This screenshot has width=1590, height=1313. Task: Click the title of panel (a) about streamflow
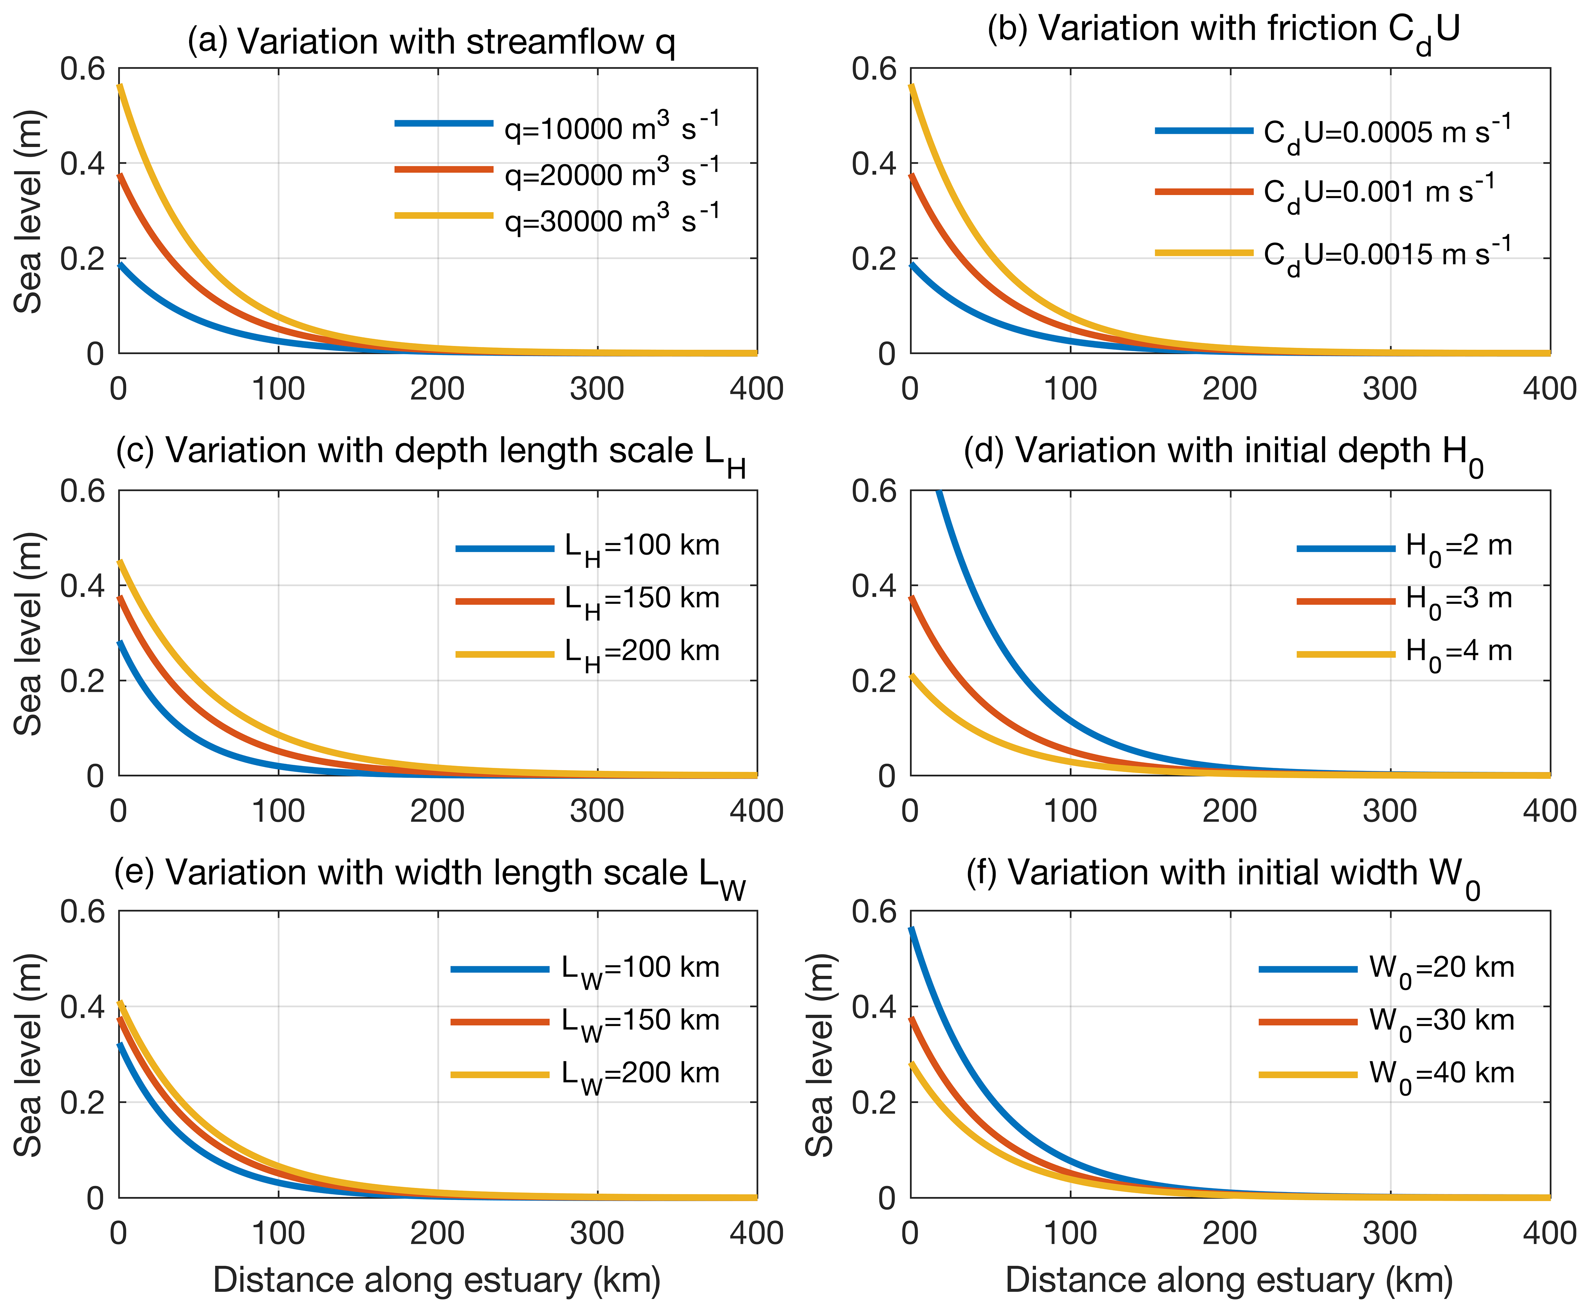pyautogui.click(x=431, y=42)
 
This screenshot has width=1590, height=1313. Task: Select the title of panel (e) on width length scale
pyautogui.click(x=430, y=874)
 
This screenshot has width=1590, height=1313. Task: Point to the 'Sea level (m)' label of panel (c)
pyautogui.click(x=29, y=634)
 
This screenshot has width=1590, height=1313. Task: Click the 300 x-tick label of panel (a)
pyautogui.click(x=597, y=389)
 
